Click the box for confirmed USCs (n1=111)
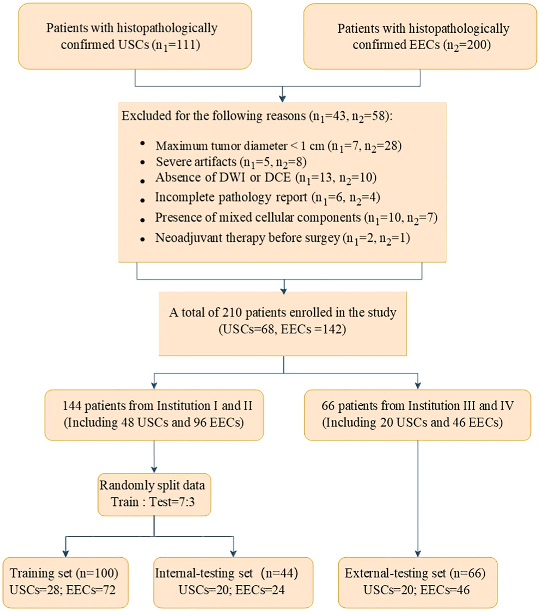pyautogui.click(x=135, y=36)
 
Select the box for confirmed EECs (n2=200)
pyautogui.click(x=420, y=36)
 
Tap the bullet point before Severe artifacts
pyautogui.click(x=142, y=162)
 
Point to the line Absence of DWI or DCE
pyautogui.click(x=266, y=178)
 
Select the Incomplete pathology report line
pyautogui.click(x=267, y=198)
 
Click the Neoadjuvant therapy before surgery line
pyautogui.click(x=282, y=238)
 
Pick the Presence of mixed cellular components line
pyautogui.click(x=296, y=218)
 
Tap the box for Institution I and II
pyautogui.click(x=154, y=414)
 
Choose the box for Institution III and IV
pyautogui.click(x=417, y=414)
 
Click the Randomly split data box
pyautogui.click(x=154, y=494)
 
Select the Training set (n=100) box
pyautogui.click(x=65, y=582)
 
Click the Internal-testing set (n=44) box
pyautogui.click(x=233, y=582)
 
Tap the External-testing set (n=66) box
pyautogui.click(x=418, y=582)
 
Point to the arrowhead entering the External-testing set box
pyautogui.click(x=418, y=554)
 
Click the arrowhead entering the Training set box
pyautogui.click(x=65, y=554)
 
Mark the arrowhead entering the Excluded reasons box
pyautogui.click(x=282, y=99)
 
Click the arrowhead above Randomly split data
pyautogui.click(x=154, y=470)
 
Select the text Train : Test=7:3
pyautogui.click(x=153, y=502)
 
